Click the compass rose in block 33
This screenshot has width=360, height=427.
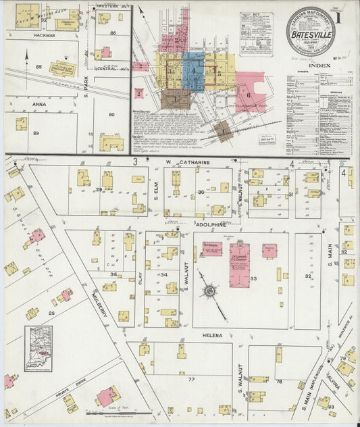209,291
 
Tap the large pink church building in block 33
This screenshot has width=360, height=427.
239,264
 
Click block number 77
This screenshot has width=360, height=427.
192,380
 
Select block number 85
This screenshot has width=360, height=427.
38,66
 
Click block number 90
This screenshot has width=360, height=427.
111,115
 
